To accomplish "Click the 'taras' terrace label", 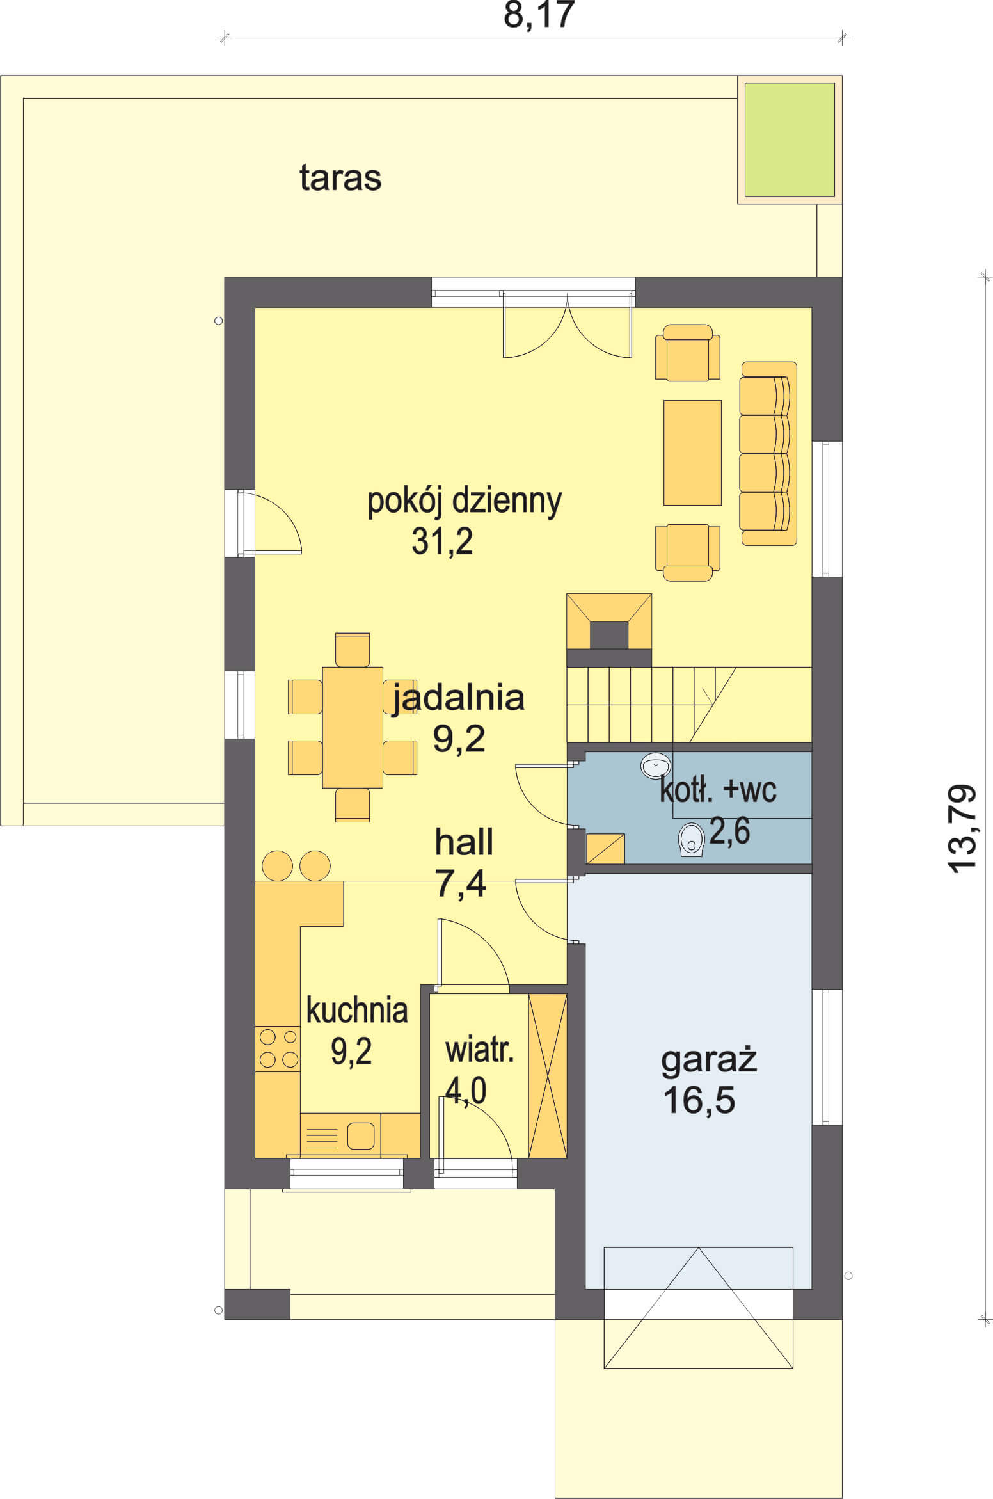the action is [340, 178].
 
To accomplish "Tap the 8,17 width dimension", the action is [539, 15].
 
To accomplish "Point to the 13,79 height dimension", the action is [962, 828].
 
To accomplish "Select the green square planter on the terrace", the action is [790, 140].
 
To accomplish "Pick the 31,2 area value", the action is [442, 541].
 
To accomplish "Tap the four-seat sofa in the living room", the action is [768, 454].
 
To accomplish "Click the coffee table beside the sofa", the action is [692, 453].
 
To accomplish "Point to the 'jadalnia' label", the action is [458, 698].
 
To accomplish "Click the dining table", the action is [353, 727].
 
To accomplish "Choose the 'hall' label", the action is [464, 842].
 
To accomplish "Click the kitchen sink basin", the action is [361, 1136].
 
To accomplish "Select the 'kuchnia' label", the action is [357, 1011].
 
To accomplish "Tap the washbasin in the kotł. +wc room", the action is [655, 765].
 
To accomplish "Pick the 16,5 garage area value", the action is [699, 1100].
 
